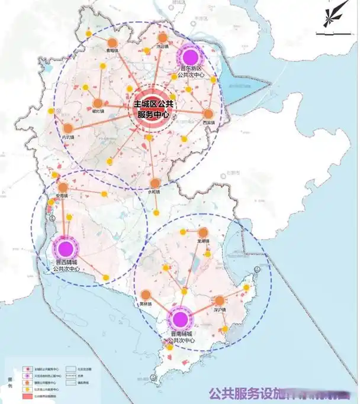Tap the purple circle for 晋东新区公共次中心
click(190, 57)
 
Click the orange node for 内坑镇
click(68, 128)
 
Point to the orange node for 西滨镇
click(208, 114)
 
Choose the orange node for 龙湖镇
click(203, 232)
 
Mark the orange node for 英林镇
click(146, 294)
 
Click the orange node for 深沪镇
click(220, 300)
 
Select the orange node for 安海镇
click(62, 187)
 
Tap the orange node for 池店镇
click(162, 37)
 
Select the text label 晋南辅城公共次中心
click(181, 338)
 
